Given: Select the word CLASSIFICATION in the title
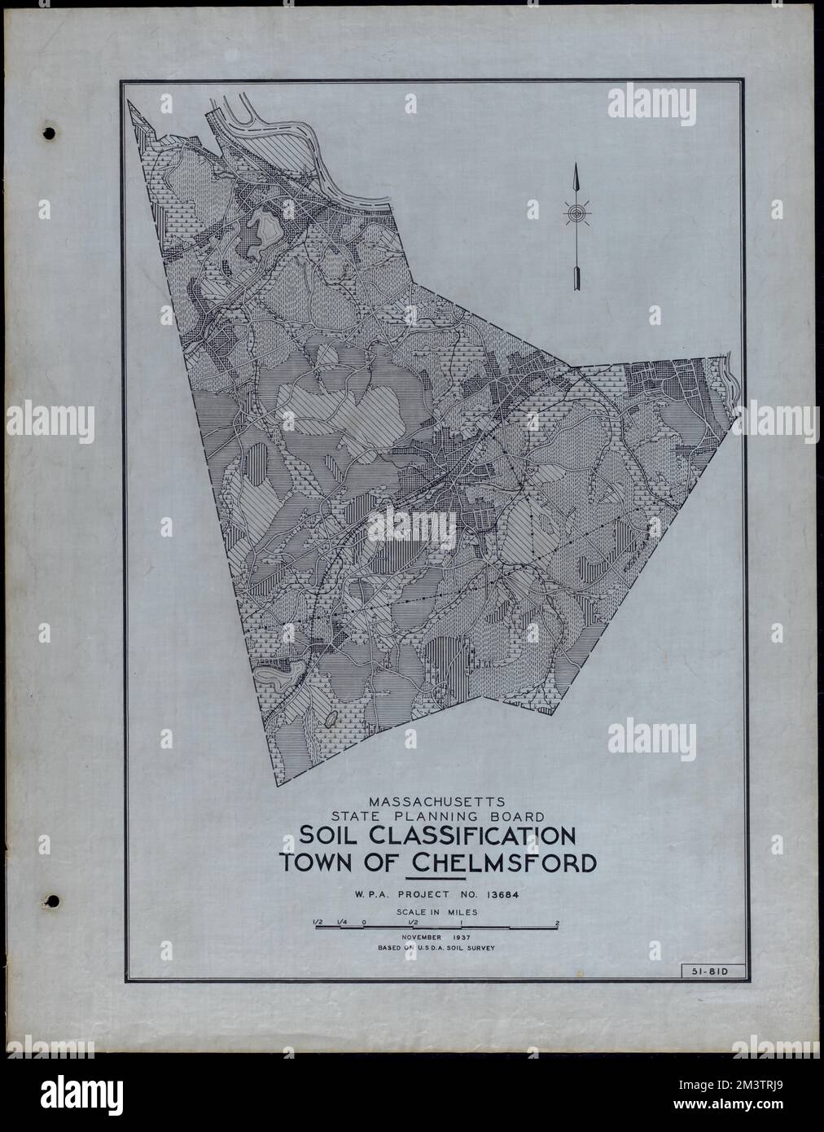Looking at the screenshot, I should coord(480,836).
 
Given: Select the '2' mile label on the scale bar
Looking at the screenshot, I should coord(557,923).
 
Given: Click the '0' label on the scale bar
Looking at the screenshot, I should coord(364,923).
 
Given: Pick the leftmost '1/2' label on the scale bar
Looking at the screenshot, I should coord(317,923).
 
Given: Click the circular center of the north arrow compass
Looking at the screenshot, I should coord(576,214).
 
